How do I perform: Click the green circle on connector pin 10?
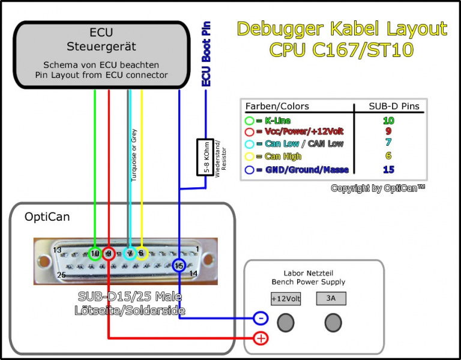[x=94, y=254]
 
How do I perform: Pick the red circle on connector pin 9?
[x=109, y=254]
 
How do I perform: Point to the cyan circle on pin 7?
[x=130, y=254]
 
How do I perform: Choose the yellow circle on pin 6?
[x=142, y=254]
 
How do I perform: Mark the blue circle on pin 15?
[x=179, y=265]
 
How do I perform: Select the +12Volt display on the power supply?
[x=286, y=298]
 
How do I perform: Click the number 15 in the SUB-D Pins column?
[x=388, y=169]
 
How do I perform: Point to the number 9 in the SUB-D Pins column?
[x=388, y=131]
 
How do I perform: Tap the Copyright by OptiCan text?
[x=378, y=188]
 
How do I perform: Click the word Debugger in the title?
[x=281, y=29]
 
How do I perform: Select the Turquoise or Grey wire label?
[x=134, y=154]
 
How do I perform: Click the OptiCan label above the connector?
[x=47, y=217]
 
